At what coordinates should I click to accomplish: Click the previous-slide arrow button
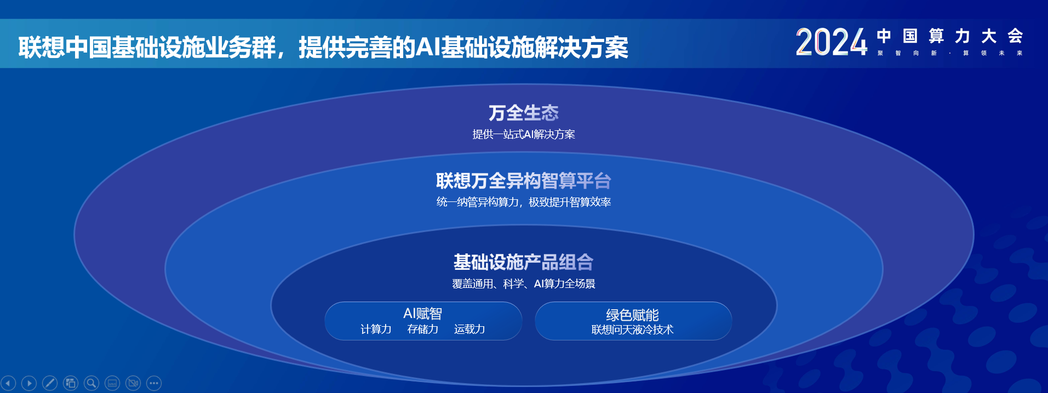click(x=8, y=383)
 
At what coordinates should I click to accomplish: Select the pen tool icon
click(x=50, y=383)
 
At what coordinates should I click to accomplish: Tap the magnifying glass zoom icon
click(x=91, y=383)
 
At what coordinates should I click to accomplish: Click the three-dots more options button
click(x=154, y=383)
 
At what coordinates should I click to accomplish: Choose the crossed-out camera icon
click(x=133, y=383)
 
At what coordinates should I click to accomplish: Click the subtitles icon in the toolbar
click(x=112, y=383)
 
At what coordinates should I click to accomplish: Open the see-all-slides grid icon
click(x=71, y=383)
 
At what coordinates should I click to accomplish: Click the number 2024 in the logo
click(x=832, y=42)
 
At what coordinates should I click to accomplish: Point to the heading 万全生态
click(x=524, y=113)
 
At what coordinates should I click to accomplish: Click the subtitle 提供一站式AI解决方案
click(x=524, y=134)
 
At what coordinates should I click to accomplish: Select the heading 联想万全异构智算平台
click(x=524, y=181)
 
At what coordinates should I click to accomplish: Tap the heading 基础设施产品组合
click(x=524, y=262)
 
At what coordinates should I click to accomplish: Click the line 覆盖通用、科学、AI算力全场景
click(x=524, y=284)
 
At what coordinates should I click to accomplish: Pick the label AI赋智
click(x=422, y=314)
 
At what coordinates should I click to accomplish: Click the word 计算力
click(x=376, y=329)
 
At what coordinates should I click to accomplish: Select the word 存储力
click(x=423, y=329)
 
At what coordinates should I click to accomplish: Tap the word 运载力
click(x=469, y=329)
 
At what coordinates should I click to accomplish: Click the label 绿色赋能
click(x=633, y=315)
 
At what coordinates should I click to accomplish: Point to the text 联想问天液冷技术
click(x=633, y=330)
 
